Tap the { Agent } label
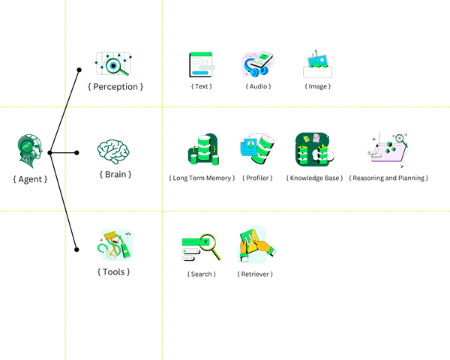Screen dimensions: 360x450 click(30, 179)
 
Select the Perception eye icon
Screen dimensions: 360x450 click(113, 64)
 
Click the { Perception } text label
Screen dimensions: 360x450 click(115, 87)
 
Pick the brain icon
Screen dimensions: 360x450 click(115, 151)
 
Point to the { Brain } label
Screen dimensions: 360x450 click(115, 174)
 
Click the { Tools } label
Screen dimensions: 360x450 click(113, 271)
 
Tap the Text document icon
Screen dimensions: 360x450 click(202, 64)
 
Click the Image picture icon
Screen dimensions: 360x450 click(317, 65)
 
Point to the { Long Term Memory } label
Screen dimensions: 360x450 click(202, 178)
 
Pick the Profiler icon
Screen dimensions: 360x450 click(257, 150)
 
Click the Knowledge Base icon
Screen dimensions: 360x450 click(314, 150)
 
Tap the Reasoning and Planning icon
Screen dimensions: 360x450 click(388, 149)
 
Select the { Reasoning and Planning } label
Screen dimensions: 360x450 click(388, 178)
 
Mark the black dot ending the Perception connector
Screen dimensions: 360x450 click(79, 70)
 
